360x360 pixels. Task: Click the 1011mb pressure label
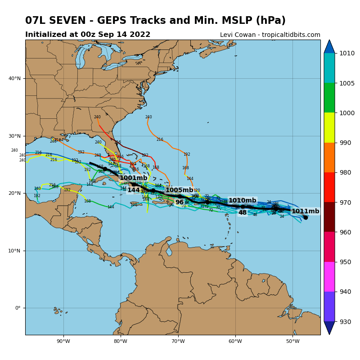[305, 211]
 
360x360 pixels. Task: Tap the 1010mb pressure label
[242, 201]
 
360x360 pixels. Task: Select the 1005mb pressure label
[179, 190]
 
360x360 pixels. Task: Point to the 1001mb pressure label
[133, 178]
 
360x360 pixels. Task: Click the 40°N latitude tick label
[15, 79]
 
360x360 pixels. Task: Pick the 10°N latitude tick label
[15, 251]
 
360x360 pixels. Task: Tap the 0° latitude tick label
[18, 308]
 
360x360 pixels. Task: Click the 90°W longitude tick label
[63, 341]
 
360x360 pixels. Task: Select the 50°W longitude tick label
[293, 341]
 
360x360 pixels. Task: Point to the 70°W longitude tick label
[178, 341]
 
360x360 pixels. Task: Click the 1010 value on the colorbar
[347, 53]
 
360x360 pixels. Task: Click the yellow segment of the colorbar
[329, 128]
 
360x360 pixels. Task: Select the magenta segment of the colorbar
[329, 277]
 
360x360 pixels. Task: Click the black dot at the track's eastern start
[306, 217]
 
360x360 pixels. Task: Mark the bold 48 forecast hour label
[243, 213]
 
